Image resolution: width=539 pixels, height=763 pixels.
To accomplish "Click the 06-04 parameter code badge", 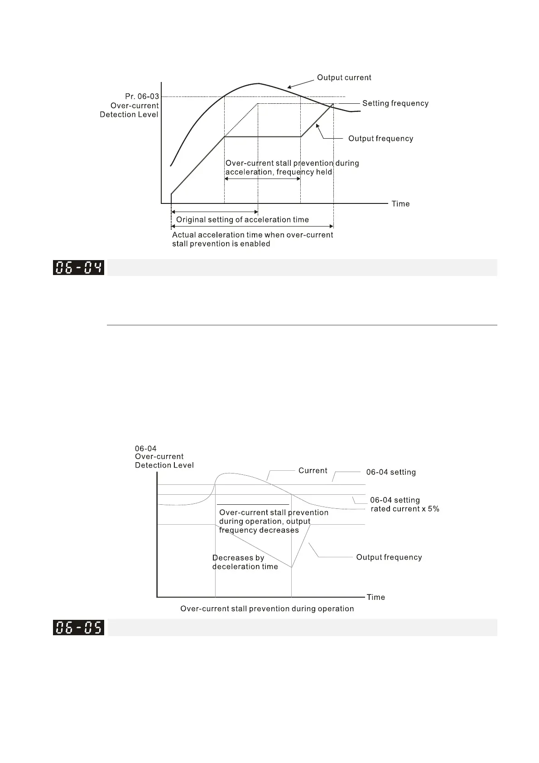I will click(x=78, y=267).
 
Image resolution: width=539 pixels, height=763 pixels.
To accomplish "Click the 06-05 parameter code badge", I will click(x=78, y=628).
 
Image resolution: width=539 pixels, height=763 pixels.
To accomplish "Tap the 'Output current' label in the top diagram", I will click(x=344, y=77).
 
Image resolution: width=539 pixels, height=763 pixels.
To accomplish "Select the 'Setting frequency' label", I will click(x=395, y=103).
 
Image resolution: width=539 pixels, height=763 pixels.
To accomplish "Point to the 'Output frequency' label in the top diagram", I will click(x=380, y=139).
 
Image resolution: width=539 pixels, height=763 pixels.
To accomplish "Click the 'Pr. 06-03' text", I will click(x=142, y=97).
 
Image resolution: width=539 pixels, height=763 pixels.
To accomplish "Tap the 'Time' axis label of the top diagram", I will click(x=400, y=204).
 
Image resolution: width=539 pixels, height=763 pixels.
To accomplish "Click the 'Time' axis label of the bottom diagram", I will click(x=375, y=597).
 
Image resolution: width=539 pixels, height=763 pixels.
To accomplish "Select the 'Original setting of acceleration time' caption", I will click(x=242, y=220).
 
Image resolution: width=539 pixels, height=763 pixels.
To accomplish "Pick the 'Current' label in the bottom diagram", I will click(x=313, y=471).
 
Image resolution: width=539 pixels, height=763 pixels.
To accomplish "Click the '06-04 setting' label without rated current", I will click(x=391, y=472).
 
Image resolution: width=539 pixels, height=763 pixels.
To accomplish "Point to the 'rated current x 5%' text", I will click(x=405, y=509).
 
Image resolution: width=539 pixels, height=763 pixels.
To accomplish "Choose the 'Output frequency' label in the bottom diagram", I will click(x=389, y=557).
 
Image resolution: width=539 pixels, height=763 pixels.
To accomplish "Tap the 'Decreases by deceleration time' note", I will click(x=245, y=562).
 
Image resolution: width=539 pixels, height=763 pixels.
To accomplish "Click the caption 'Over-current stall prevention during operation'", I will click(x=267, y=608).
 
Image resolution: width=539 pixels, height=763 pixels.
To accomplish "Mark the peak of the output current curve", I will click(x=258, y=83).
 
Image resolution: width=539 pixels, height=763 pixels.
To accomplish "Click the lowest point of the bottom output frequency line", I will click(x=291, y=567).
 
